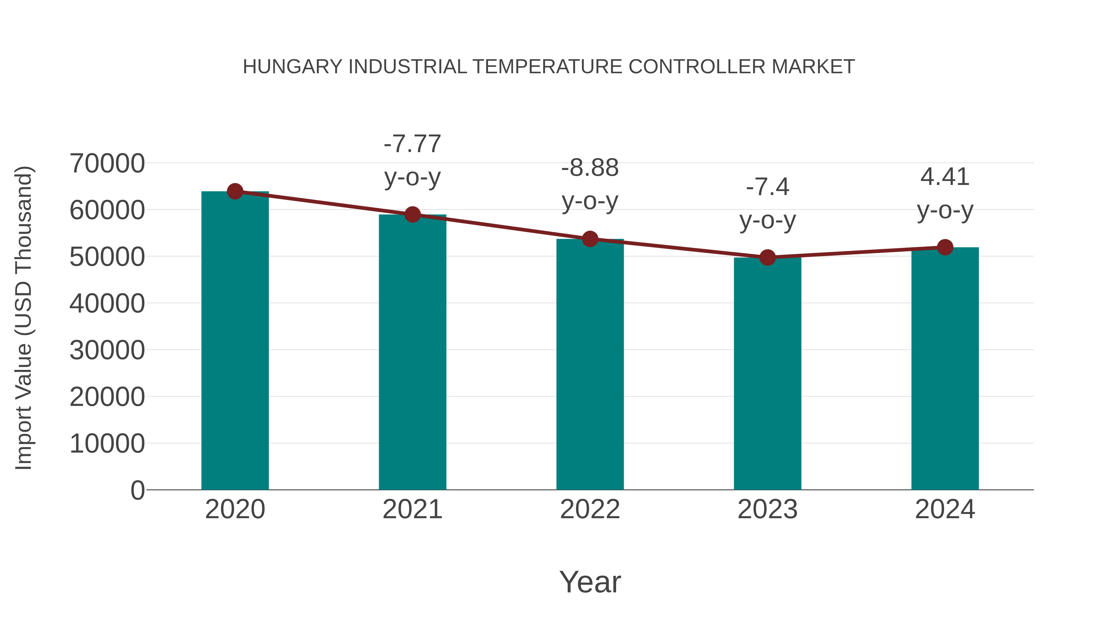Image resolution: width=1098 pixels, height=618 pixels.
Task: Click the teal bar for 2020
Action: [x=235, y=341]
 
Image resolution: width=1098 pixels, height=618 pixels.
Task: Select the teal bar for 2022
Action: [x=590, y=365]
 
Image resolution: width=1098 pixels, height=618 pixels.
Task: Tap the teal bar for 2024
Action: [x=945, y=369]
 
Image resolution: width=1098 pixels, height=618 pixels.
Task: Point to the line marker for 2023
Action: [x=767, y=258]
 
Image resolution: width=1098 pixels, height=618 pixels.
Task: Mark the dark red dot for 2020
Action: [x=235, y=191]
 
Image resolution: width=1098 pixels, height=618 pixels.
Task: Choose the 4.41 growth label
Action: [x=945, y=177]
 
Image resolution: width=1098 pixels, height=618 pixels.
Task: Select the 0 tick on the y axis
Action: [x=137, y=490]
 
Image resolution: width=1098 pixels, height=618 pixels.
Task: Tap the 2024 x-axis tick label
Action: [x=945, y=509]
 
